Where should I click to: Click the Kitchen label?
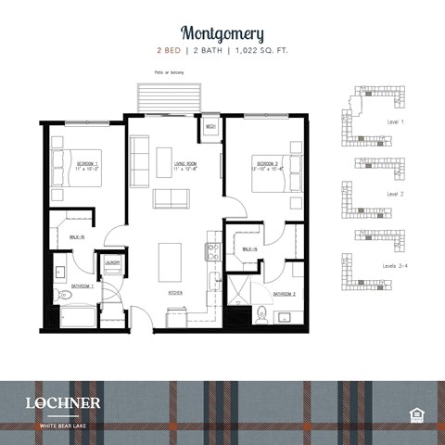[174, 292]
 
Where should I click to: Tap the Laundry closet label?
[113, 262]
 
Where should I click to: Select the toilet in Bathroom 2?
[262, 311]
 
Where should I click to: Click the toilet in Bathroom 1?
[57, 295]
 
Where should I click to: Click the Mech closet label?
[210, 126]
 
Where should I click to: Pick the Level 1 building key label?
[396, 121]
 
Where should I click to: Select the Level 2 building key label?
[396, 194]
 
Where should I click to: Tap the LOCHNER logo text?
[63, 402]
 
